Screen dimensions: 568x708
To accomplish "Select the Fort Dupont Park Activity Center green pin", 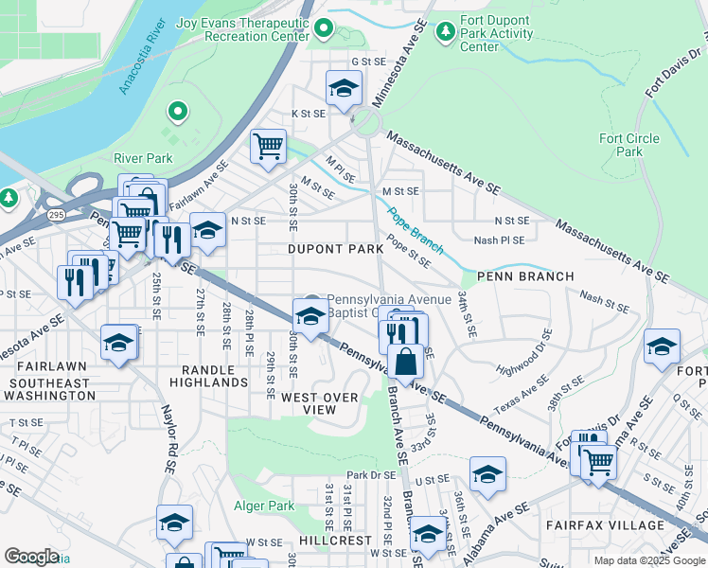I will click(445, 32).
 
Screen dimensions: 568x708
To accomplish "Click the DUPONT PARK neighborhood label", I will click(336, 249).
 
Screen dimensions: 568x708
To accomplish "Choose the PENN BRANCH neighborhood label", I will click(525, 276).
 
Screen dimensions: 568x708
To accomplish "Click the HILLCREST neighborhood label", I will click(336, 539).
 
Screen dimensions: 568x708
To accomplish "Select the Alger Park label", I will click(264, 506).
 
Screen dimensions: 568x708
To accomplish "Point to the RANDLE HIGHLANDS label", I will click(208, 376).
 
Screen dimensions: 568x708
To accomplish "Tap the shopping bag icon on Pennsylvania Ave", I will click(405, 362).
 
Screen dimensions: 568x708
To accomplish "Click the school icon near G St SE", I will click(343, 88).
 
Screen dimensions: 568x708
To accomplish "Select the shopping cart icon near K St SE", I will click(268, 146).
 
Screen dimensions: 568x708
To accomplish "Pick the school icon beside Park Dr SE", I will click(487, 473).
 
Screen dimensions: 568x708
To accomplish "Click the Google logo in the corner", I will click(31, 557).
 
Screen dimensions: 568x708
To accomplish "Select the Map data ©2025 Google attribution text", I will click(649, 559).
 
